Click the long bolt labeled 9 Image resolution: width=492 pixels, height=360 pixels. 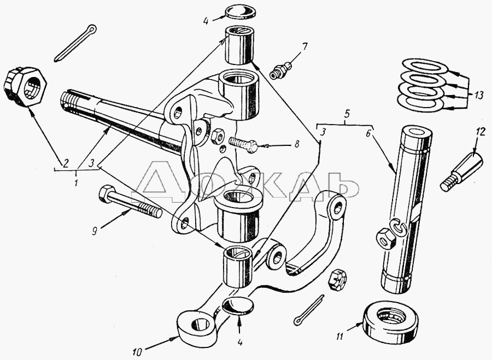pos(130,202)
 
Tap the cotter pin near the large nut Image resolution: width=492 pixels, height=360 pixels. pos(75,43)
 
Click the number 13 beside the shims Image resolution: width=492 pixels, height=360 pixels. pos(479,95)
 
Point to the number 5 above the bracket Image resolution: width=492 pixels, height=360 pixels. pos(346,114)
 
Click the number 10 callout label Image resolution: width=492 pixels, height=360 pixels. pos(137,352)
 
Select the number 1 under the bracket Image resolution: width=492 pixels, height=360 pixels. pos(76,183)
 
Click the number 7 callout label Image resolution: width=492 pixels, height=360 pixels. pos(304,47)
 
